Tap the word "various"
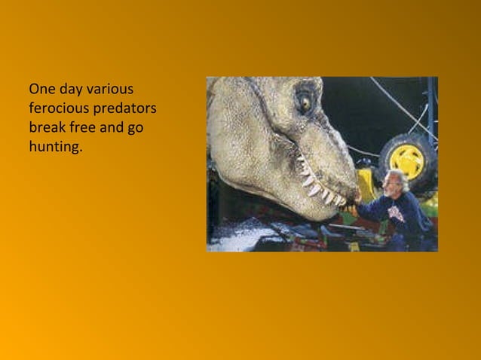112,89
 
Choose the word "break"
47,127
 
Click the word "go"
136,127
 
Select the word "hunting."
55,147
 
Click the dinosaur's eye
305,100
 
